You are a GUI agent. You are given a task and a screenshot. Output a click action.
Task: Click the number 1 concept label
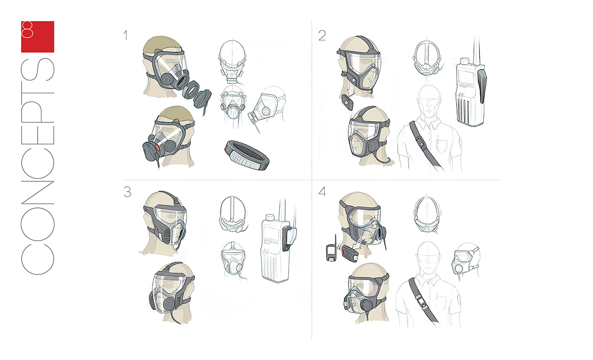click(x=126, y=36)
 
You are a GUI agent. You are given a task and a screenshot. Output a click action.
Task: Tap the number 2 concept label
click(x=322, y=36)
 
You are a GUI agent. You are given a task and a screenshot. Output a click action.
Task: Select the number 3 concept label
click(x=127, y=192)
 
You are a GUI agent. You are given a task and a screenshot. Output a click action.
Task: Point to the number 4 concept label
click(x=322, y=192)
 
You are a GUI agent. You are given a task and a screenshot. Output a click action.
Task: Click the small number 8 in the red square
click(x=27, y=29)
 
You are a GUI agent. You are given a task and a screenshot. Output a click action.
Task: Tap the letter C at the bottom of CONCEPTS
click(x=38, y=258)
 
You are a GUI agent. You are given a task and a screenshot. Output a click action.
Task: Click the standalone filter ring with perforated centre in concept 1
click(x=247, y=155)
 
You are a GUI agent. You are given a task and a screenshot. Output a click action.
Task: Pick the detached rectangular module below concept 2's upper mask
click(x=347, y=103)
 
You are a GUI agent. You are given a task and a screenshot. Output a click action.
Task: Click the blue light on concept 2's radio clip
click(x=484, y=79)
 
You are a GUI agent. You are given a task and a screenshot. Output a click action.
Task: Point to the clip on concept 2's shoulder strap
click(x=421, y=144)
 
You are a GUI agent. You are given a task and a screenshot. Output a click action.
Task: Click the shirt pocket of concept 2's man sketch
click(x=441, y=145)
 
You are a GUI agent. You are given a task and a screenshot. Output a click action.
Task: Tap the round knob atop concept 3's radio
click(x=269, y=218)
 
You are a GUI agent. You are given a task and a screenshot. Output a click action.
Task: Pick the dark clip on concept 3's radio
click(x=286, y=239)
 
